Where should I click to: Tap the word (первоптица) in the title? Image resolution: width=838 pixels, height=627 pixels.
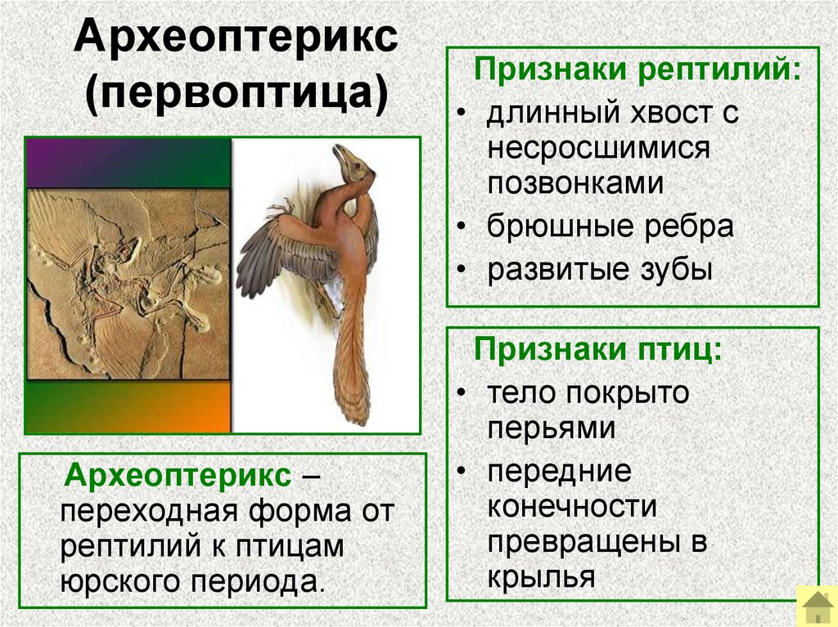pyautogui.click(x=237, y=95)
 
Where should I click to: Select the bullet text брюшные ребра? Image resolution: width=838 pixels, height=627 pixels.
pyautogui.click(x=610, y=226)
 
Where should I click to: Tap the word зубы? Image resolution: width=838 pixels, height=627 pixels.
pyautogui.click(x=674, y=270)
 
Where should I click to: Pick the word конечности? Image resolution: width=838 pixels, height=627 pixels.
pyautogui.click(x=572, y=507)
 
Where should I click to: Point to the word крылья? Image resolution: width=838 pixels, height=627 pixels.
pyautogui.click(x=540, y=578)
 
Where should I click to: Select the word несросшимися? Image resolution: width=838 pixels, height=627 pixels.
pyautogui.click(x=598, y=148)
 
